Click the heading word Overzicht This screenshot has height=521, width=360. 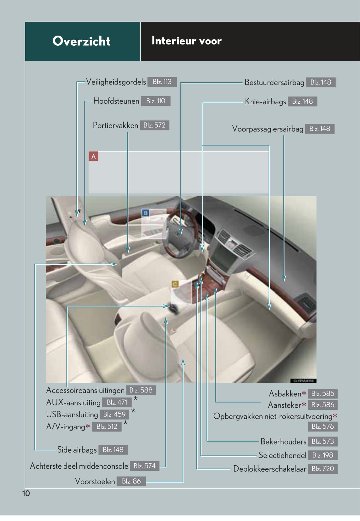pyautogui.click(x=81, y=41)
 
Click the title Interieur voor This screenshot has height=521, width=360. pyautogui.click(x=186, y=41)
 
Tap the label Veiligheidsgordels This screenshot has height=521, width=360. pyautogui.click(x=116, y=82)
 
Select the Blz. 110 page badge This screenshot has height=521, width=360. pyautogui.click(x=155, y=101)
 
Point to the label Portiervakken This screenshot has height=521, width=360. pyautogui.click(x=115, y=125)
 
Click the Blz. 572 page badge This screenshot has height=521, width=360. pyautogui.click(x=154, y=125)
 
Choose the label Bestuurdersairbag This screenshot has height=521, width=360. pyautogui.click(x=274, y=83)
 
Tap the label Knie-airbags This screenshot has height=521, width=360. pyautogui.click(x=265, y=101)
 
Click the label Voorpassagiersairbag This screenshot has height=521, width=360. pyautogui.click(x=268, y=129)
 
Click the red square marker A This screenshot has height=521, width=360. pyautogui.click(x=93, y=156)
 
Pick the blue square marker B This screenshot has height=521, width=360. pyautogui.click(x=146, y=213)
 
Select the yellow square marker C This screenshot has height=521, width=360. pyautogui.click(x=175, y=284)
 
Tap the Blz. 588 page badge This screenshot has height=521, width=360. pyautogui.click(x=141, y=390)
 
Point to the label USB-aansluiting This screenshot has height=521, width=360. pyautogui.click(x=72, y=415)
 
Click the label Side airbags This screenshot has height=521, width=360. pyautogui.click(x=77, y=450)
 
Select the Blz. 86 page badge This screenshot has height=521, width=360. pyautogui.click(x=131, y=481)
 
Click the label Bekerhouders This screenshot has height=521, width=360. pyautogui.click(x=283, y=442)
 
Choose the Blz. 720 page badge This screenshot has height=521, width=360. pyautogui.click(x=322, y=469)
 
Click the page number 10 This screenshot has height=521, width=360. pyautogui.click(x=26, y=493)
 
